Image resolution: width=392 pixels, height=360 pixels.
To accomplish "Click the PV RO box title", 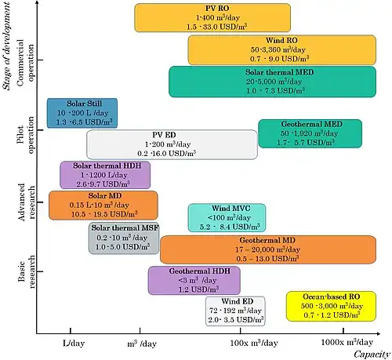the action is point(217,9).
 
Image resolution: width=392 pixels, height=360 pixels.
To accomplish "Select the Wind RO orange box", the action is point(282,50).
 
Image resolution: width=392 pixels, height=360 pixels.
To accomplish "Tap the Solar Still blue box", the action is point(82,113).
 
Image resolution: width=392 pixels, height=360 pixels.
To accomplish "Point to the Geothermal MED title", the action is point(312,124).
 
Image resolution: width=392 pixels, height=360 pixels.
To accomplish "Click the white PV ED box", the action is point(172,144).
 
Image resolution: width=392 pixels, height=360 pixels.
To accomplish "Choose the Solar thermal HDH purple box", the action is point(105,175).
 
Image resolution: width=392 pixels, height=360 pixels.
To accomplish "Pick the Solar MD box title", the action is point(105,195).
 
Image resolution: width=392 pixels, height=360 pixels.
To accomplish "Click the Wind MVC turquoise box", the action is point(227,217).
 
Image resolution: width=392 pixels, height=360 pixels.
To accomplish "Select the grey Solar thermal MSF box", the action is point(124,238).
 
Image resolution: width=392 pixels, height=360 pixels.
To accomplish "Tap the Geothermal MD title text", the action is point(267,240).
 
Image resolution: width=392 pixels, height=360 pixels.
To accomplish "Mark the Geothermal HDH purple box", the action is point(194,281).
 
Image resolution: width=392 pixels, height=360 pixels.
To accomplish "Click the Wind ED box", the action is point(235,311).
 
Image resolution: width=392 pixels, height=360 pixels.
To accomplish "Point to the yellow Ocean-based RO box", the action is point(332,307).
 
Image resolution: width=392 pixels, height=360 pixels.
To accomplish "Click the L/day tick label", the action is point(74,343).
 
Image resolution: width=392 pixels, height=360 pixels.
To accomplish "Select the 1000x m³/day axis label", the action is point(347,342).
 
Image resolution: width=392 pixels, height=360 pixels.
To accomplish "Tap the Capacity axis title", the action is point(372,355).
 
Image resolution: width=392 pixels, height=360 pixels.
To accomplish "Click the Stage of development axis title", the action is point(6,46).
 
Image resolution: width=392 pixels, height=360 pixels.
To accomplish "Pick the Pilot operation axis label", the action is point(25,135).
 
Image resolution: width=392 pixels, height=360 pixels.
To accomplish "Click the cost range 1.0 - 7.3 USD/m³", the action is point(275,91).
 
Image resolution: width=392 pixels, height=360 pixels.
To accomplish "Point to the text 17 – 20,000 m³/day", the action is point(267,249).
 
